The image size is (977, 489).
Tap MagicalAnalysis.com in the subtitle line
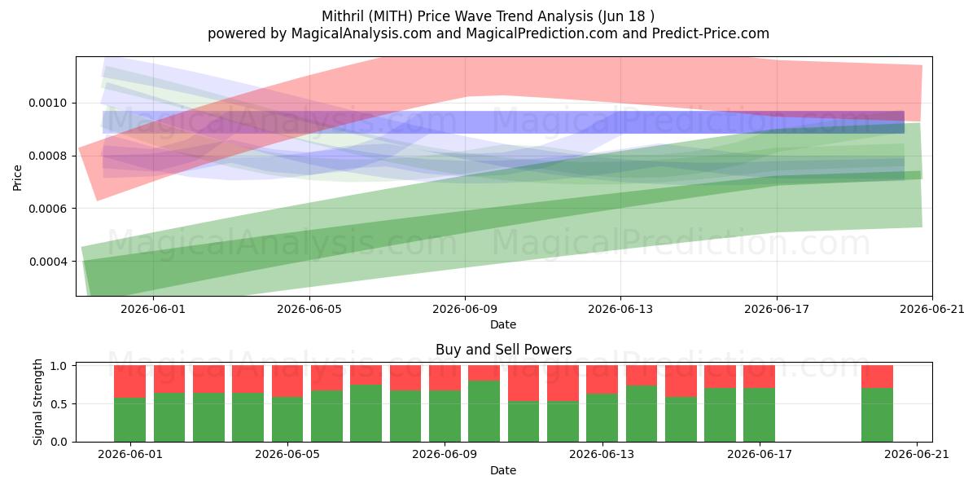pyautogui.click(x=361, y=33)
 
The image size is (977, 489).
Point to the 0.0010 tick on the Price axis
pyautogui.click(x=48, y=103)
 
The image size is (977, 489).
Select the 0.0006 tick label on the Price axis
pyautogui.click(x=48, y=209)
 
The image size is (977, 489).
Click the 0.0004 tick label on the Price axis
pyautogui.click(x=48, y=262)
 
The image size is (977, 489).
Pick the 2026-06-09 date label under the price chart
pyautogui.click(x=465, y=309)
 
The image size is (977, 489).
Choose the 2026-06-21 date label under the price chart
pyautogui.click(x=932, y=309)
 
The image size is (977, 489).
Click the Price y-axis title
pyautogui.click(x=17, y=178)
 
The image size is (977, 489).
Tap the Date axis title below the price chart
pyautogui.click(x=503, y=324)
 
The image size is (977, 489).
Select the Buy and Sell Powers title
pyautogui.click(x=503, y=350)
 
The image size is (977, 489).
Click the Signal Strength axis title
pyautogui.click(x=38, y=402)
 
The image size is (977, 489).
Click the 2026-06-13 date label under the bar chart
pyautogui.click(x=602, y=455)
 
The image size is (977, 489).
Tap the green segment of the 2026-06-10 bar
pyautogui.click(x=484, y=412)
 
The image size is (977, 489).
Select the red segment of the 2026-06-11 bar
pyautogui.click(x=524, y=383)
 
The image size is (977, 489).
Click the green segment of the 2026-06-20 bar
pyautogui.click(x=877, y=415)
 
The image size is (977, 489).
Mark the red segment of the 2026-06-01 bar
pyautogui.click(x=129, y=381)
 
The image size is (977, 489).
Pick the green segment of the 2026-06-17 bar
pyautogui.click(x=760, y=415)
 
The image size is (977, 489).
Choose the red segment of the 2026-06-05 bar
pyautogui.click(x=287, y=381)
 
